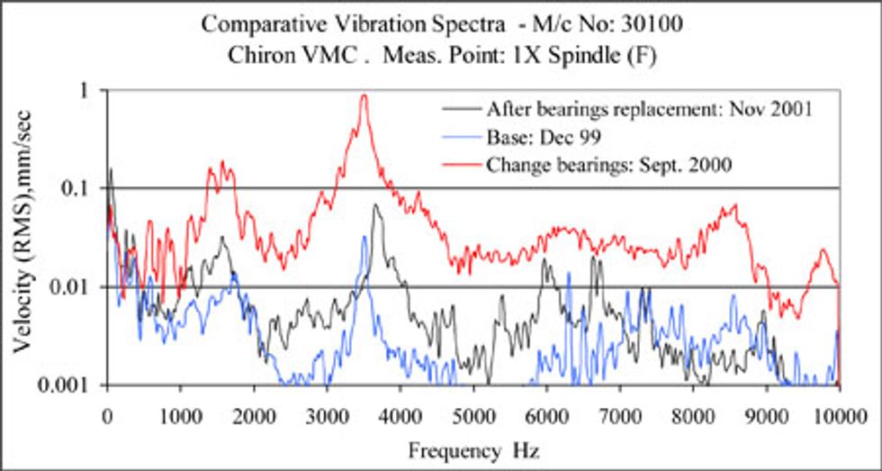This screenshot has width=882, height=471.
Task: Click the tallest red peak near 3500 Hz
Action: click(x=364, y=96)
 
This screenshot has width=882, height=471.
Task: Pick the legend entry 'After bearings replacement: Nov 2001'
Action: click(x=650, y=110)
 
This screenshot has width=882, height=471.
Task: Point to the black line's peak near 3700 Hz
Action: click(x=375, y=206)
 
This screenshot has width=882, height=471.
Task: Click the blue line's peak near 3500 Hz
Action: click(x=364, y=237)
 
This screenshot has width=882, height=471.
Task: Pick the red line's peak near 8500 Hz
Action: click(x=735, y=205)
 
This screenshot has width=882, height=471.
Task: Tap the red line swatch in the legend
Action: click(x=462, y=165)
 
